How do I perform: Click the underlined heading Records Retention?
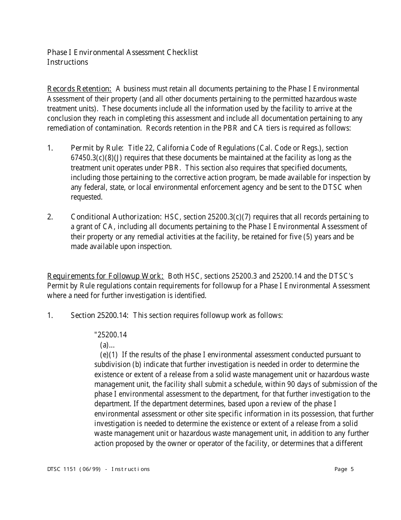(79, 89)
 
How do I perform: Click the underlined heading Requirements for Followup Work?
(106, 276)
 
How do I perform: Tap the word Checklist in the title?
(182, 52)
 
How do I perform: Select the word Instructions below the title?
(68, 62)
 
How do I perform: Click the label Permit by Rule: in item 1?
(97, 148)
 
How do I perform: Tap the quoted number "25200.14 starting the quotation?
(111, 335)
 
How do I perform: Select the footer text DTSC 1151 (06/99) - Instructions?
(98, 469)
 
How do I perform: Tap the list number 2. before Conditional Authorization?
(50, 217)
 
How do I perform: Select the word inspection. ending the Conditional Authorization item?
(156, 246)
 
